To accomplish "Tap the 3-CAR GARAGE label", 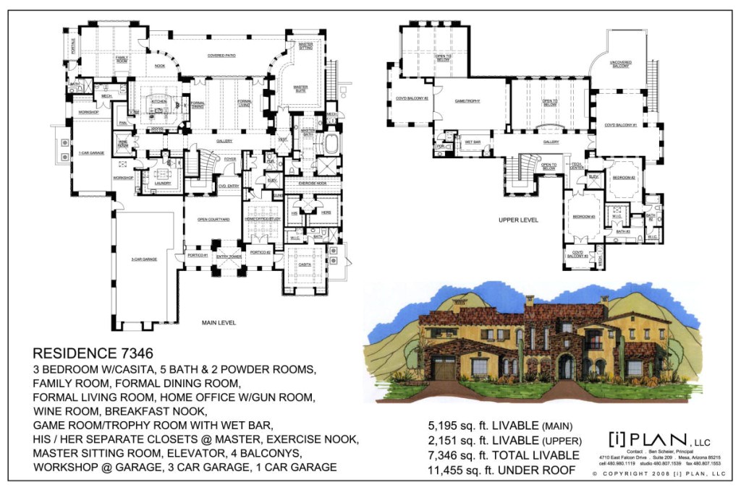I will [144, 259].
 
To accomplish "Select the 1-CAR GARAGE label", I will [92, 152].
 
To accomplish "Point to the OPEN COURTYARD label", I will [213, 219].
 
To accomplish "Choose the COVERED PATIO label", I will [222, 56].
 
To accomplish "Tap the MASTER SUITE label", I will [300, 88].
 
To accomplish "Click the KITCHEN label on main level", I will [158, 102].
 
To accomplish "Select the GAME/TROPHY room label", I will [467, 102].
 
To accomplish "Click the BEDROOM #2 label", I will [623, 177].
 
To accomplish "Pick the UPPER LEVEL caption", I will [518, 220].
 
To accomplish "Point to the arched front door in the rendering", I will [565, 368].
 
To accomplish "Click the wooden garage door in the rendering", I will [444, 369].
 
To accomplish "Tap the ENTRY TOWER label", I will [233, 257].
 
